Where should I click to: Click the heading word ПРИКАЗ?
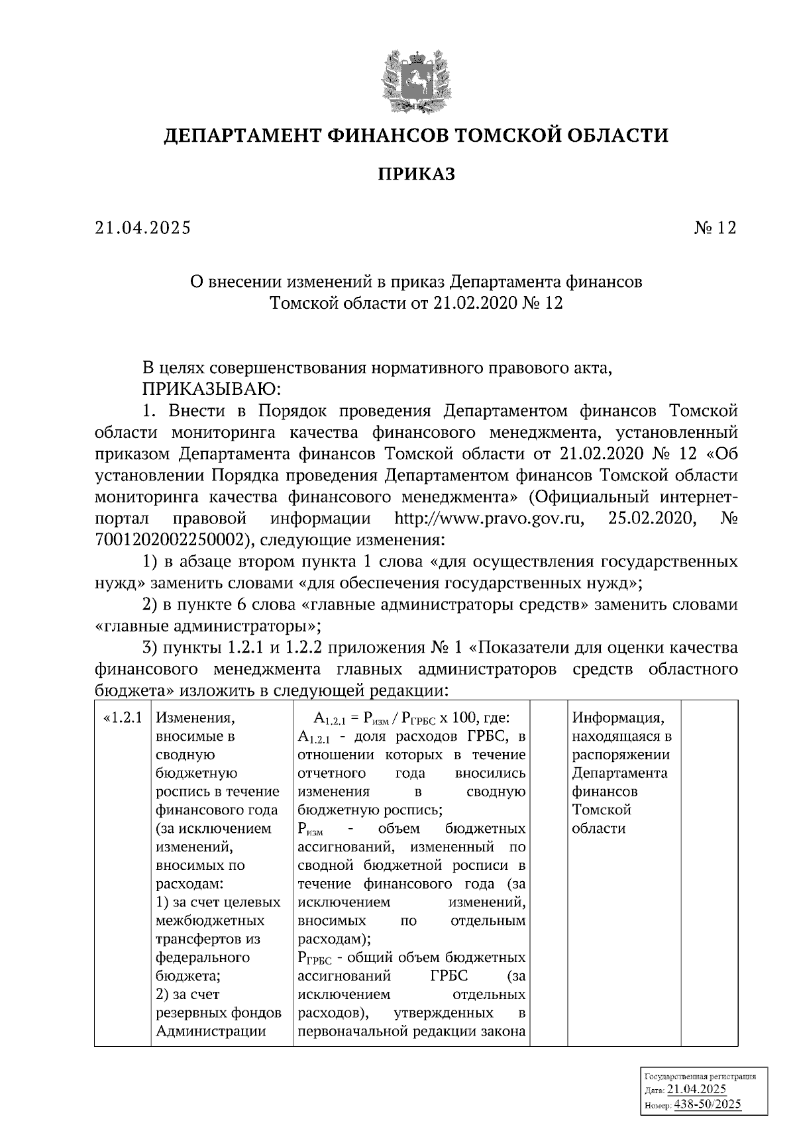tap(416, 175)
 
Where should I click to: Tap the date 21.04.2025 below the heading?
tap(142, 228)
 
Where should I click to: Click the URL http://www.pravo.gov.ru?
tap(489, 518)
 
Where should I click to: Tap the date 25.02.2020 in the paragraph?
tap(651, 518)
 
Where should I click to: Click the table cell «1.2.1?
tap(124, 718)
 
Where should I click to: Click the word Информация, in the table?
tap(617, 718)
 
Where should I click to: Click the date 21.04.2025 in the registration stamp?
tap(696, 1091)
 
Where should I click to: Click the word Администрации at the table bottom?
tap(210, 1031)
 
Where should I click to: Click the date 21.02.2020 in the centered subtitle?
tap(474, 303)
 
